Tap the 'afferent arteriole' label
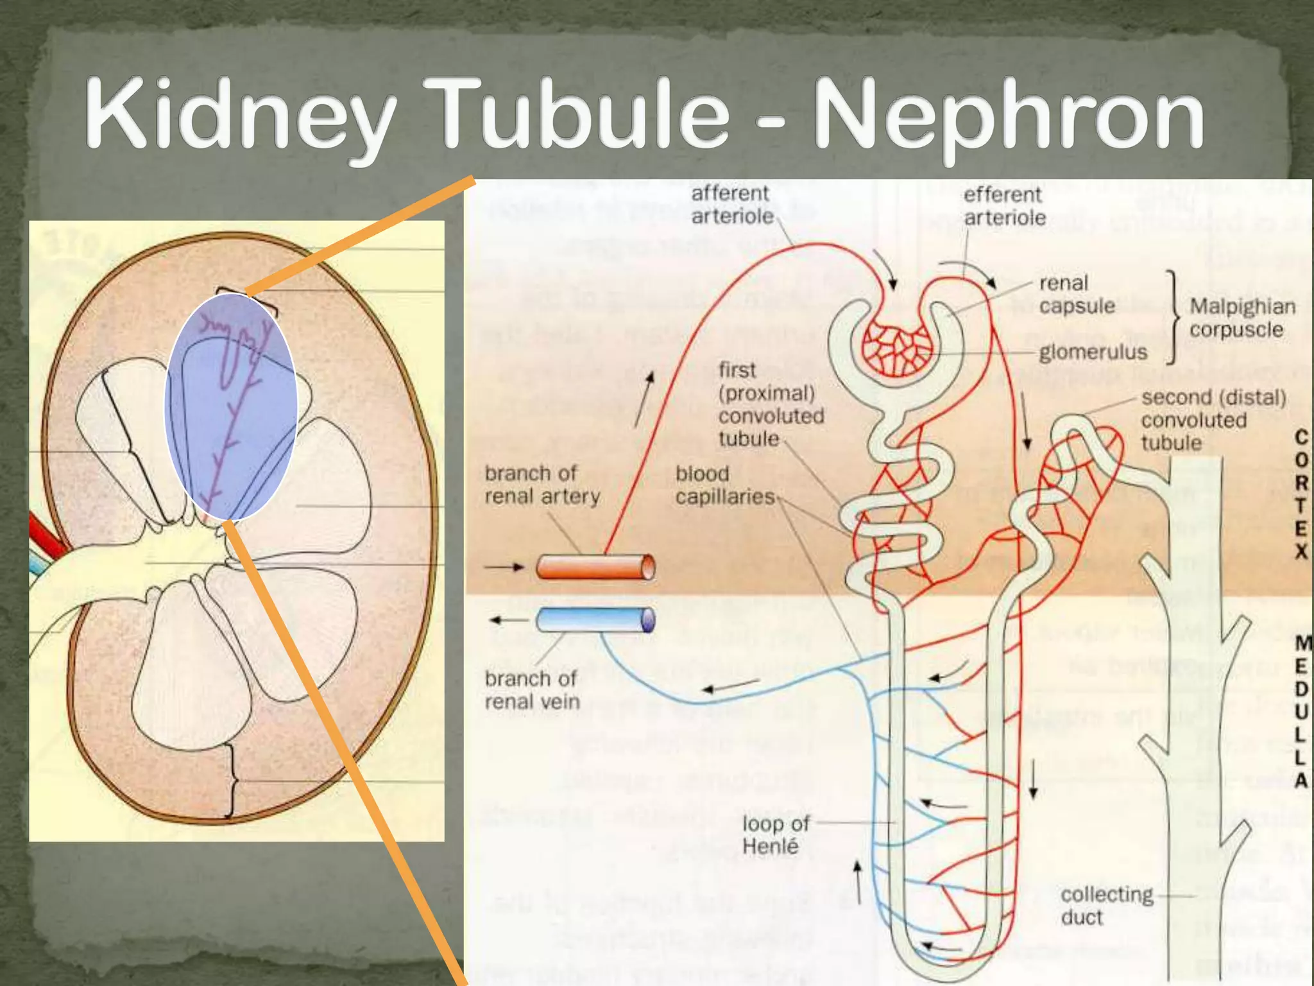click(732, 205)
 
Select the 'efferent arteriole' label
click(1004, 206)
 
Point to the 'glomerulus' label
click(1093, 352)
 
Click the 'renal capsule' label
click(1077, 295)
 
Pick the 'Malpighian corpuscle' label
click(1241, 318)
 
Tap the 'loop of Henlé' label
click(775, 835)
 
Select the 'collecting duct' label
click(1106, 905)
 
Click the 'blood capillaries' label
click(724, 485)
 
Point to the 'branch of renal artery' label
click(542, 485)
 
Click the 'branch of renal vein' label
click(532, 690)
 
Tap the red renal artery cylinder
click(595, 567)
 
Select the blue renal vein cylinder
click(595, 620)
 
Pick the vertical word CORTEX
click(1301, 494)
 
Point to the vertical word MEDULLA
click(1301, 711)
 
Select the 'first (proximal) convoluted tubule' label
click(770, 404)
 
